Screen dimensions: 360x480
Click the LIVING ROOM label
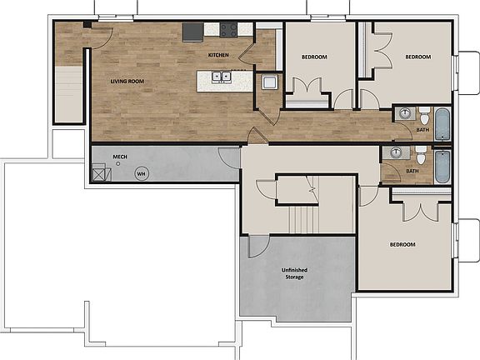(x=128, y=81)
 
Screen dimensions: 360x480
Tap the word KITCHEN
(x=218, y=55)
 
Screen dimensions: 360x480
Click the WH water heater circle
(x=141, y=173)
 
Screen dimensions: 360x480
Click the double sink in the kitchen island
(x=222, y=78)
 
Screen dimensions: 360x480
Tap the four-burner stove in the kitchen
(x=229, y=30)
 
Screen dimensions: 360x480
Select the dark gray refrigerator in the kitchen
(x=193, y=32)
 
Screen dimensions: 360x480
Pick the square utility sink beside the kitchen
(x=269, y=82)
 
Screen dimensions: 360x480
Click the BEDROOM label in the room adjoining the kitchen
(x=314, y=57)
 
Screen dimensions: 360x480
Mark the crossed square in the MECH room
(x=101, y=173)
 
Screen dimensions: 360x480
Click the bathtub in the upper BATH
(x=441, y=123)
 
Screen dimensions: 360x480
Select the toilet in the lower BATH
(x=421, y=156)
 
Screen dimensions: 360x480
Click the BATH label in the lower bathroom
(x=412, y=172)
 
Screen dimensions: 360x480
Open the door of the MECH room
(x=228, y=157)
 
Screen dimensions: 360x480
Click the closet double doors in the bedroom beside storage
(x=422, y=208)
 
